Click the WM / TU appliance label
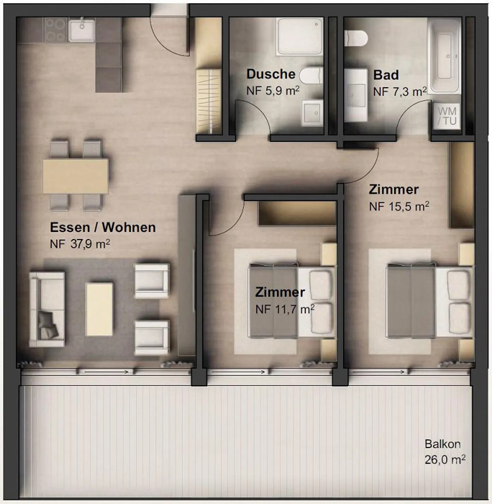click(447, 116)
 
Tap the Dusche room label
click(271, 74)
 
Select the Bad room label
click(386, 75)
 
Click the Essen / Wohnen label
click(102, 227)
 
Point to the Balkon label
click(442, 444)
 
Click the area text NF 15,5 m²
click(399, 206)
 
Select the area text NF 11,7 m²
click(285, 309)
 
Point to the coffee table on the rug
click(99, 309)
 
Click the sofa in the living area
click(47, 309)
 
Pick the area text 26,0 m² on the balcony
click(445, 460)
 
